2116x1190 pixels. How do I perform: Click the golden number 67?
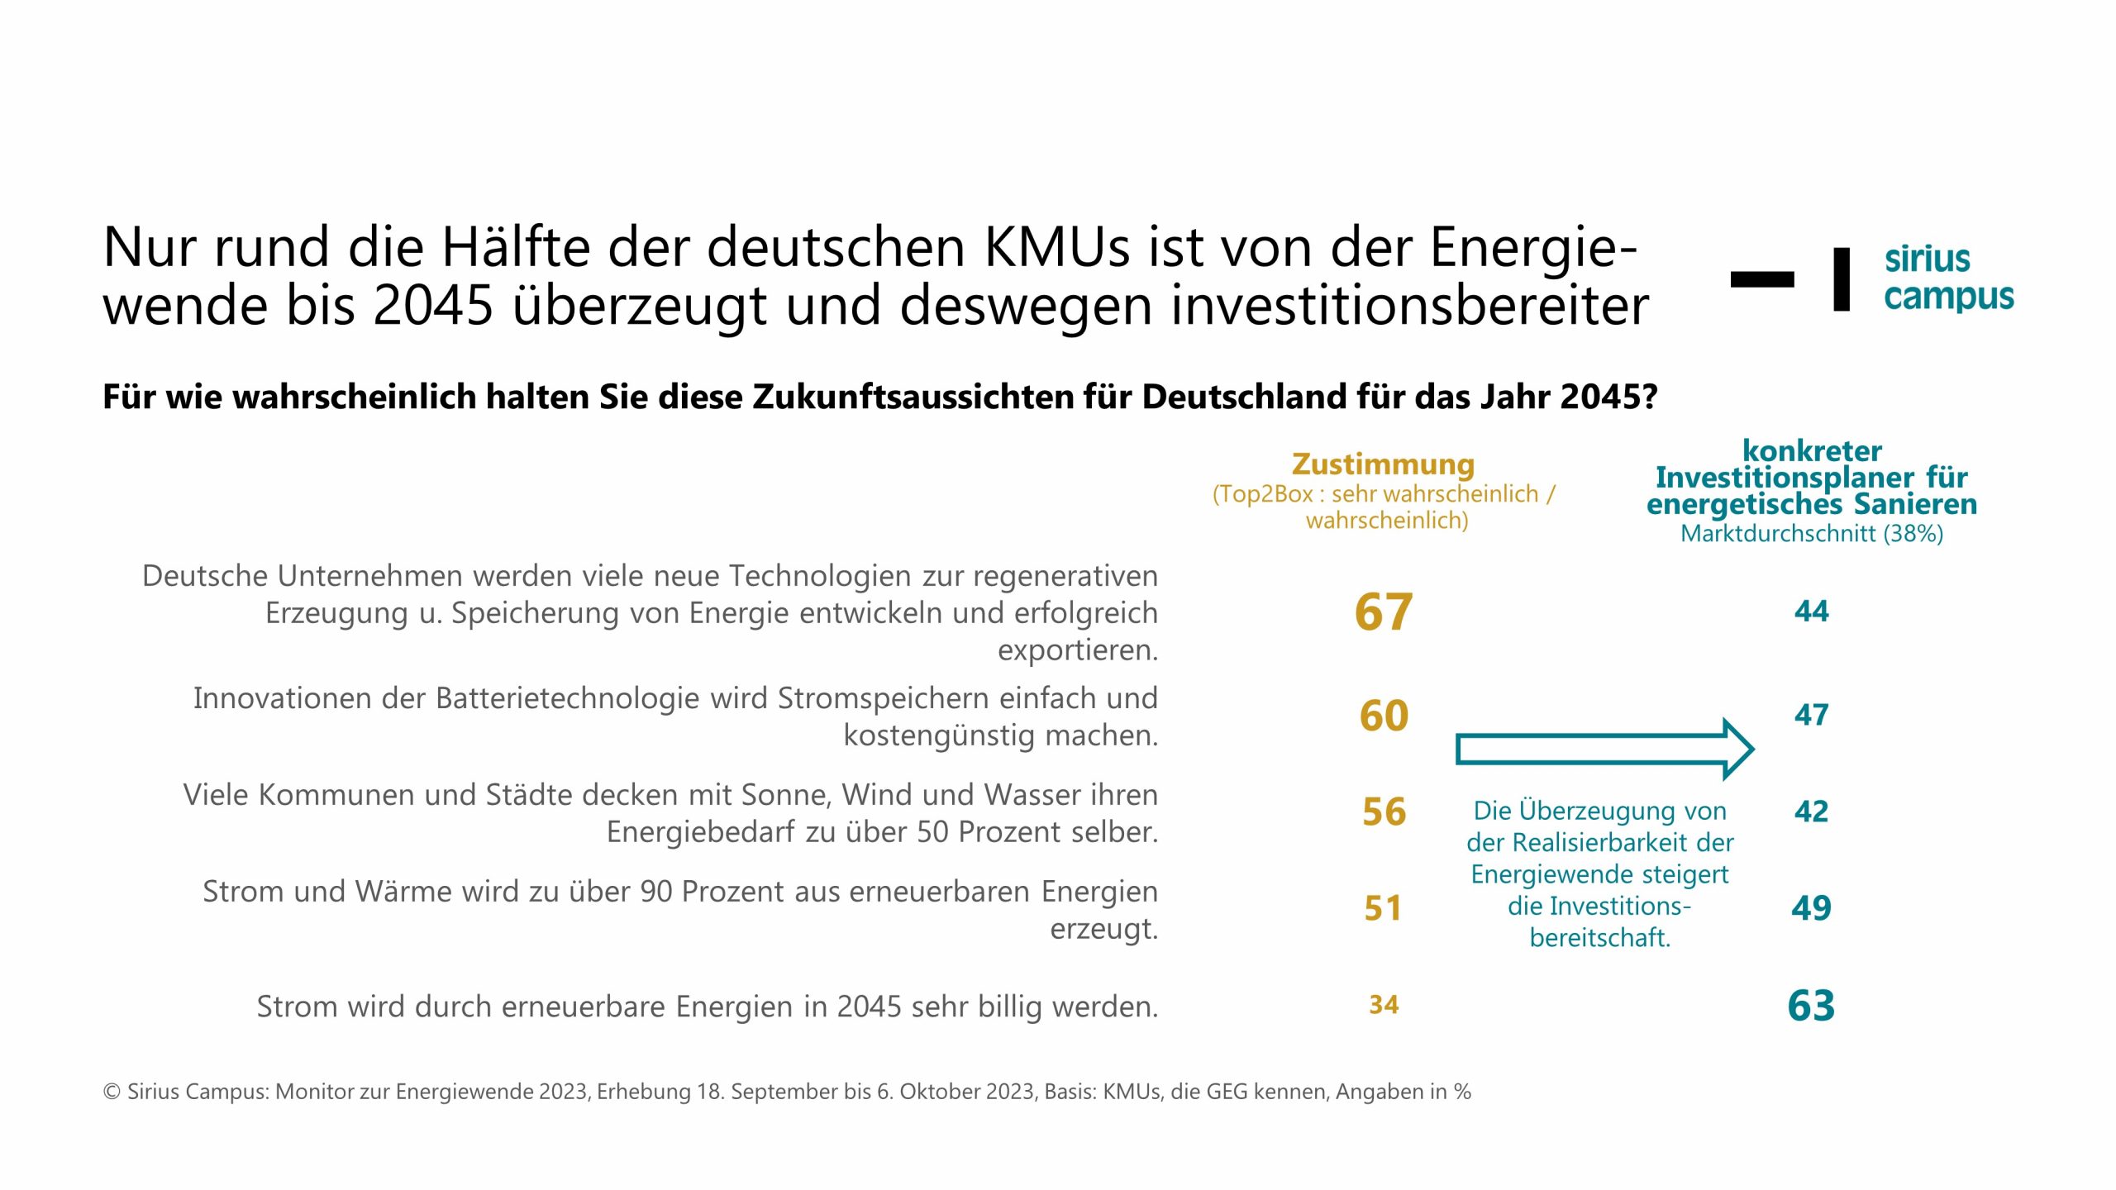pos(1383,612)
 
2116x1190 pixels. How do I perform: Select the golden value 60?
pos(1384,716)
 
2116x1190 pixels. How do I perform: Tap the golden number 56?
pos(1384,812)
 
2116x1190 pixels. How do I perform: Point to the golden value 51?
pos(1383,909)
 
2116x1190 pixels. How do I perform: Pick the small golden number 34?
pos(1384,1005)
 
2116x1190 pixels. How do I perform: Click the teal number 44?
pos(1811,612)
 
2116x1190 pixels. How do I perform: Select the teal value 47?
pos(1811,715)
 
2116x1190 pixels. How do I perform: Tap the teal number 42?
pos(1811,812)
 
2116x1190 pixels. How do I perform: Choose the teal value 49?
pos(1811,908)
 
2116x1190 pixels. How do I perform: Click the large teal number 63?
pos(1811,1006)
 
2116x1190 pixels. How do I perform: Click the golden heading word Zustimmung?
pos(1383,464)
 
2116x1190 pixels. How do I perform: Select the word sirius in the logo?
pos(1928,259)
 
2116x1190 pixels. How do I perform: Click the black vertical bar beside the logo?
pos(1842,279)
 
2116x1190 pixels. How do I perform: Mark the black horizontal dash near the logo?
pos(1762,279)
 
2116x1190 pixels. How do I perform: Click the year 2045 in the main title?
pos(432,306)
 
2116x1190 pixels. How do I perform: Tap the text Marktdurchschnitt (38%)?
pos(1811,534)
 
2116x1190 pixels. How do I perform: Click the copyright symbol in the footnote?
pos(112,1092)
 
